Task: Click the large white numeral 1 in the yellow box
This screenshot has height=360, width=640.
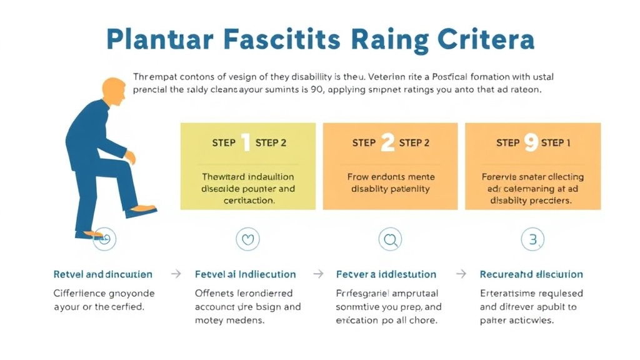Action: tap(245, 143)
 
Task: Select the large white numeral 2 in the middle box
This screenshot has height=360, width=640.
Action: tap(387, 143)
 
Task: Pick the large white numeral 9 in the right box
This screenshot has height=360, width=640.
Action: tap(531, 143)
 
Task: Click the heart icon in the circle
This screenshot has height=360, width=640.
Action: tap(247, 239)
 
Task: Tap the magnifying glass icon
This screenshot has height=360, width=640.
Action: tap(391, 239)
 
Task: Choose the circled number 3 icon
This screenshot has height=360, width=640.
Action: tap(532, 239)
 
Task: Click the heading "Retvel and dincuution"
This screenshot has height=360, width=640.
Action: tap(103, 274)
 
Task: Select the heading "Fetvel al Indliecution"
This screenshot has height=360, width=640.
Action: tap(246, 274)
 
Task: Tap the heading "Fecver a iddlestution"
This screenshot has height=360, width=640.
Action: tap(387, 274)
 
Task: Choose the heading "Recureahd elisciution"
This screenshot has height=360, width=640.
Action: tap(531, 274)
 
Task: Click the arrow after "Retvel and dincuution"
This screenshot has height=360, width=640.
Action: tap(176, 274)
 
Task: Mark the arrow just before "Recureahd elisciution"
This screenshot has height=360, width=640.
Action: tap(461, 274)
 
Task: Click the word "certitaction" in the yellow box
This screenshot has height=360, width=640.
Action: tap(248, 200)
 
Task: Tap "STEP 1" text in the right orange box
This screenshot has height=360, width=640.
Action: tap(556, 143)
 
